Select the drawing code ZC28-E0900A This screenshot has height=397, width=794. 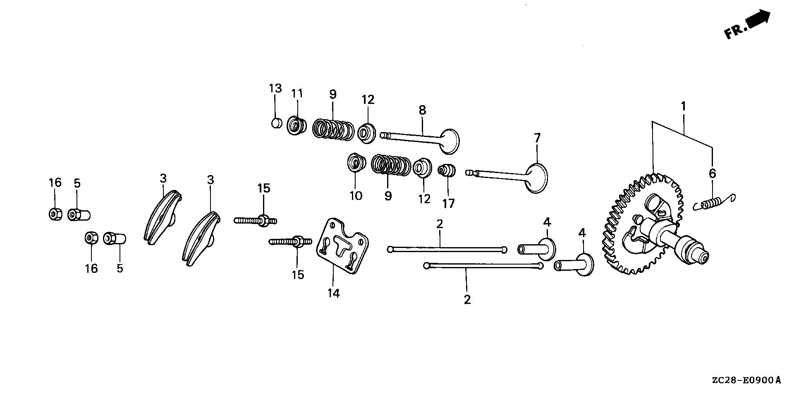click(x=746, y=380)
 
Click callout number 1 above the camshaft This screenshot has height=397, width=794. click(x=683, y=106)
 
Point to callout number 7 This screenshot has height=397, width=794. click(x=537, y=138)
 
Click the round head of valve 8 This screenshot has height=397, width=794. click(x=450, y=141)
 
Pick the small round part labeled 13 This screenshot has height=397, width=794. click(x=276, y=123)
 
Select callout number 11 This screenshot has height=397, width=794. click(x=297, y=93)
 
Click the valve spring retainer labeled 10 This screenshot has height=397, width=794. click(x=356, y=162)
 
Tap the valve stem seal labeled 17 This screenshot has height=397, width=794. click(x=447, y=170)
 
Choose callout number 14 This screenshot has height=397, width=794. click(x=333, y=293)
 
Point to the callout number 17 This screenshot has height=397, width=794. click(x=448, y=203)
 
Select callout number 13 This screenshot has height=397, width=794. click(x=275, y=88)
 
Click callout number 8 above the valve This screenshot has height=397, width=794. click(x=422, y=110)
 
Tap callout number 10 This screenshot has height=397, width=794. click(x=356, y=195)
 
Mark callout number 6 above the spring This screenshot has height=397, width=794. click(x=712, y=173)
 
